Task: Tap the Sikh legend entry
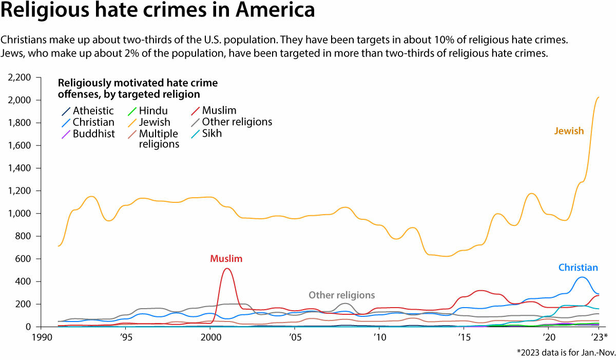[x=212, y=134]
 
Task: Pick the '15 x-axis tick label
[x=464, y=337]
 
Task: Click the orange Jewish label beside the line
[x=569, y=131]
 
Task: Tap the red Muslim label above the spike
[x=226, y=259]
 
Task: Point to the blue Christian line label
[x=578, y=268]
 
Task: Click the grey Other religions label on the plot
[x=341, y=295]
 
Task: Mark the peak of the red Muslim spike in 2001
[x=227, y=269]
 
